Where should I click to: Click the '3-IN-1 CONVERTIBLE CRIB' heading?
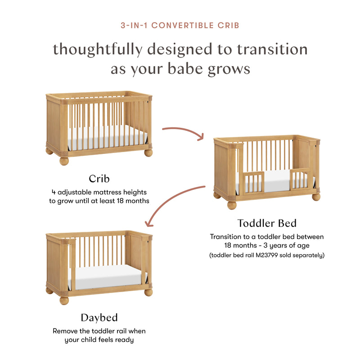point(180,25)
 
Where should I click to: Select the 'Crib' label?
point(99,178)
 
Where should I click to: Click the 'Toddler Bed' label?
point(267,223)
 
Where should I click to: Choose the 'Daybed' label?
point(99,317)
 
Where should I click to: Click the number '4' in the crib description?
point(54,192)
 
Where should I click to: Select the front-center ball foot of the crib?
point(64,161)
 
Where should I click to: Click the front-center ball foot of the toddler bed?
point(232,205)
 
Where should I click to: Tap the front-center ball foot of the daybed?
point(64,300)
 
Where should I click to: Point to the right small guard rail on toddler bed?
point(301,179)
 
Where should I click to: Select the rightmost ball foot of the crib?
point(148,153)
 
